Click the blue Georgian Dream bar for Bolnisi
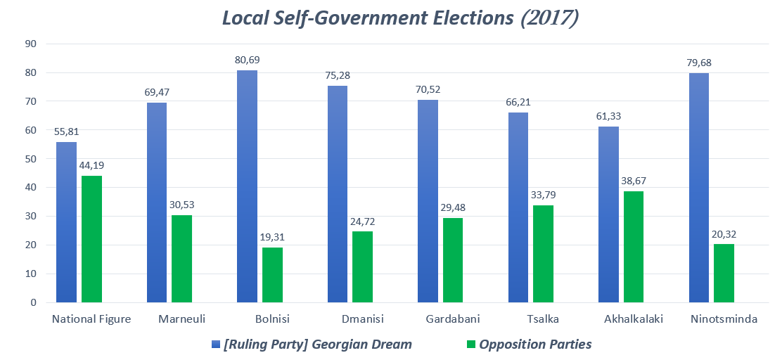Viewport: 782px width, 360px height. pyautogui.click(x=247, y=186)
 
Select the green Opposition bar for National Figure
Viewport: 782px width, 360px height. pyautogui.click(x=91, y=239)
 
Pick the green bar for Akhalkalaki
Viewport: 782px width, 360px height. pyautogui.click(x=633, y=247)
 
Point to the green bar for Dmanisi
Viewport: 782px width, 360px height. pyautogui.click(x=362, y=266)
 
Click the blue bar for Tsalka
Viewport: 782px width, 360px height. pyautogui.click(x=518, y=207)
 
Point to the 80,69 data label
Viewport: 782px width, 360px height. pyautogui.click(x=247, y=60)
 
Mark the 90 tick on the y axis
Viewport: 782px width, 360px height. pyautogui.click(x=31, y=44)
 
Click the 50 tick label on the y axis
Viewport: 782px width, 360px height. pyautogui.click(x=31, y=159)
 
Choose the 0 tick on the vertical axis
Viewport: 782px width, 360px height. pyautogui.click(x=34, y=302)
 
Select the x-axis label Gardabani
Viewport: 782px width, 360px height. pyautogui.click(x=453, y=319)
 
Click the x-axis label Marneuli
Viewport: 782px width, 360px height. pyautogui.click(x=182, y=319)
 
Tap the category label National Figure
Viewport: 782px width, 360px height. pyautogui.click(x=91, y=319)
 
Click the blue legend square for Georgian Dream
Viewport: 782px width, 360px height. pyautogui.click(x=216, y=345)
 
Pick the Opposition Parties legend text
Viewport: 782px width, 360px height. pyautogui.click(x=535, y=345)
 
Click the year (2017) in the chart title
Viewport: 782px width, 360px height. pyautogui.click(x=550, y=18)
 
